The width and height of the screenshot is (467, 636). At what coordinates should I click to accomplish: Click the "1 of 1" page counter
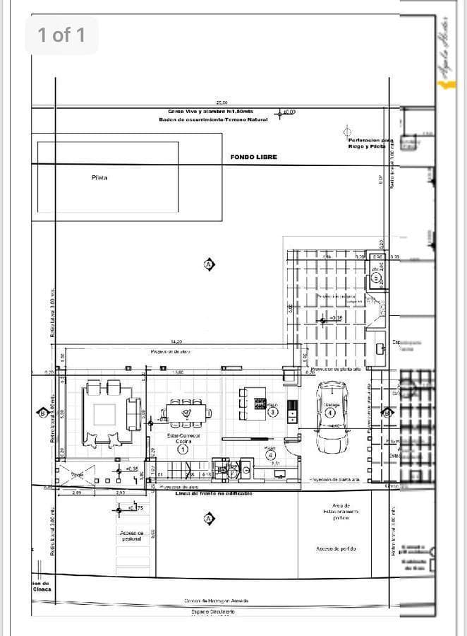[x=61, y=35]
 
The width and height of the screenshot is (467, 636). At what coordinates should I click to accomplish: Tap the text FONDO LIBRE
[x=253, y=157]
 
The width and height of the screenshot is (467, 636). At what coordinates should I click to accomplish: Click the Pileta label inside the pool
[x=99, y=178]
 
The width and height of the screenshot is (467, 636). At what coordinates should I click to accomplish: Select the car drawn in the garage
[x=331, y=418]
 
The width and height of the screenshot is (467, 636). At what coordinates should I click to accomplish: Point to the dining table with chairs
[x=187, y=411]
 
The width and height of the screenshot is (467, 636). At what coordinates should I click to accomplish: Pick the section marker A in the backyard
[x=208, y=264]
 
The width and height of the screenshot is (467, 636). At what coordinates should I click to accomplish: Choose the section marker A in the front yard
[x=208, y=519]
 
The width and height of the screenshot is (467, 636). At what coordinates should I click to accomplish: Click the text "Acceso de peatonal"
[x=132, y=536]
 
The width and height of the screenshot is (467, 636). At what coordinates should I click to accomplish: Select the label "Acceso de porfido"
[x=336, y=548]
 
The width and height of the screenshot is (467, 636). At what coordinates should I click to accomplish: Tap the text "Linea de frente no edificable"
[x=214, y=493]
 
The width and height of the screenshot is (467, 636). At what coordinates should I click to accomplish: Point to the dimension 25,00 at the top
[x=222, y=103]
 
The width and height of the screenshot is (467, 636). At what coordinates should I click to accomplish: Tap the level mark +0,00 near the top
[x=289, y=112]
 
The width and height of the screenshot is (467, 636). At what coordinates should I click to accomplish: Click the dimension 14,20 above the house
[x=176, y=342]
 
